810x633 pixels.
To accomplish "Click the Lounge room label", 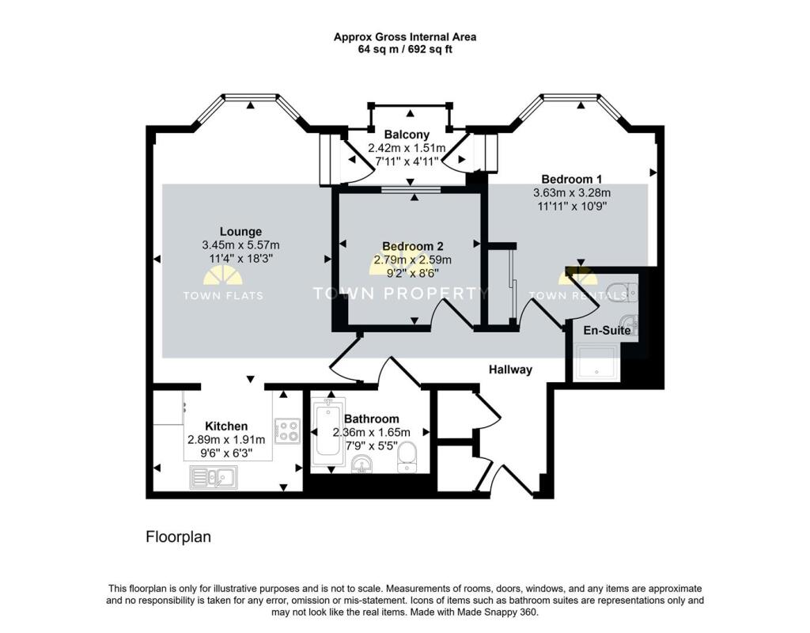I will pyautogui.click(x=240, y=232).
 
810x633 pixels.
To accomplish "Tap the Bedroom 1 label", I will pyautogui.click(x=571, y=179).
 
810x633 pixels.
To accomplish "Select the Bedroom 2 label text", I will pyautogui.click(x=412, y=246).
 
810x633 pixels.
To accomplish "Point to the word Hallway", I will pyautogui.click(x=510, y=370).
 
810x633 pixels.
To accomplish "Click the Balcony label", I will pyautogui.click(x=407, y=135).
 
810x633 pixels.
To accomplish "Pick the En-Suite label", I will pyautogui.click(x=607, y=330).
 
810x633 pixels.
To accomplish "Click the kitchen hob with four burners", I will pyautogui.click(x=286, y=430).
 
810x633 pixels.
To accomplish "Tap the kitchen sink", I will pyautogui.click(x=212, y=477).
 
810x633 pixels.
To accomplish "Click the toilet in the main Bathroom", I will pyautogui.click(x=408, y=456).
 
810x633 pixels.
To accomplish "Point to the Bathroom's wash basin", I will pyautogui.click(x=364, y=464).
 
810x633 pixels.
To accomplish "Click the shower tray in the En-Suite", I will pyautogui.click(x=600, y=362).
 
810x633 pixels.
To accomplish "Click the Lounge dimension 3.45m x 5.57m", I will pyautogui.click(x=240, y=245).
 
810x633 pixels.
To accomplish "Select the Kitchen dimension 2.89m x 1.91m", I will pyautogui.click(x=227, y=439).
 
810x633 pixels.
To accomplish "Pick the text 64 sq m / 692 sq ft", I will pyautogui.click(x=404, y=49).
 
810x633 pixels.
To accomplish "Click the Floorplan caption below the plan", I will pyautogui.click(x=178, y=537).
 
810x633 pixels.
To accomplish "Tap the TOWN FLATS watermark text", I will pyautogui.click(x=222, y=296).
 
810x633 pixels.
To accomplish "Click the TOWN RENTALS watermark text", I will pyautogui.click(x=578, y=296).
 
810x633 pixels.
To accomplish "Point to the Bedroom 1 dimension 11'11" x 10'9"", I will pyautogui.click(x=571, y=207).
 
